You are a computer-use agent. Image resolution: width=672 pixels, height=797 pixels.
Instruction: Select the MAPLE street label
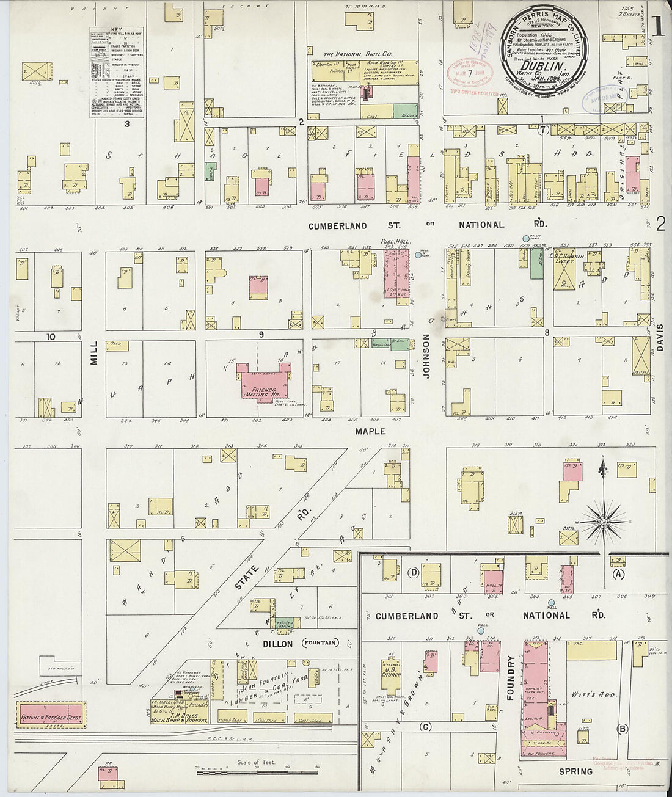coord(370,431)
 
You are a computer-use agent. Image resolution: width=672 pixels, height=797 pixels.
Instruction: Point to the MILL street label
coord(94,353)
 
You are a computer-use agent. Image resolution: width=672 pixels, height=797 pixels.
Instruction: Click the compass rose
coord(603,522)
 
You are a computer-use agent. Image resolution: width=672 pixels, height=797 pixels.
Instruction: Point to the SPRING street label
coord(575,771)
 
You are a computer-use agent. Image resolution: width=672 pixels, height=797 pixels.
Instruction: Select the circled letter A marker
coord(619,574)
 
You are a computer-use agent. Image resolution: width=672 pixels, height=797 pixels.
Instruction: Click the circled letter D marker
coord(414,572)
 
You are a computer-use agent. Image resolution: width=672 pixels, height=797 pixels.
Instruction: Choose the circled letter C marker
coord(426,727)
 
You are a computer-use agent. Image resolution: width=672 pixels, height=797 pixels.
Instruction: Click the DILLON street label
coord(271,643)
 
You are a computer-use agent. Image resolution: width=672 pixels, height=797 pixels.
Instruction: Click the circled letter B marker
coord(623,728)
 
